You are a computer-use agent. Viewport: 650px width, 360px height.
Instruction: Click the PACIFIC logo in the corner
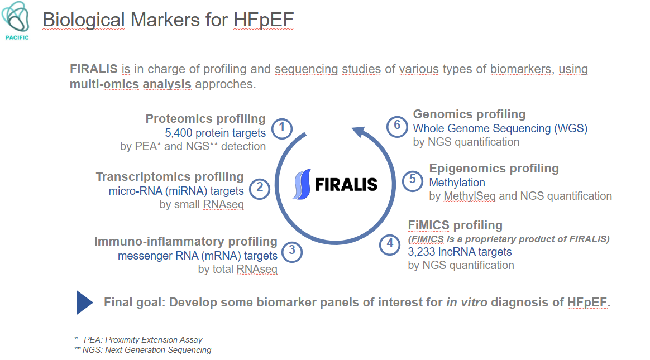tap(16, 21)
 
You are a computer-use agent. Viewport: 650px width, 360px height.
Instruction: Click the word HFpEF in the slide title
tap(264, 20)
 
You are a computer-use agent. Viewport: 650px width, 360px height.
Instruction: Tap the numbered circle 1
tap(282, 128)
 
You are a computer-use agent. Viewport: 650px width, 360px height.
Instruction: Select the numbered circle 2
tap(260, 189)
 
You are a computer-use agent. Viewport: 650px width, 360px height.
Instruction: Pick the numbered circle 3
tap(292, 252)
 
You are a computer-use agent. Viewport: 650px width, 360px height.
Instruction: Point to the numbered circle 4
tap(390, 244)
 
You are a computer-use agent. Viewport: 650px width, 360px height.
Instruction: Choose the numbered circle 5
tap(413, 181)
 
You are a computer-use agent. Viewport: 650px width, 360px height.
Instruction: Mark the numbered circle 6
tap(396, 126)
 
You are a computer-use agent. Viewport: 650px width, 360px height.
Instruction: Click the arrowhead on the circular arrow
tap(359, 133)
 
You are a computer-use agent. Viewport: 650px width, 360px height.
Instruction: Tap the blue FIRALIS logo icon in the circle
tap(302, 184)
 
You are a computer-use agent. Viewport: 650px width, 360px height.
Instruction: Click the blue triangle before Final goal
tap(84, 303)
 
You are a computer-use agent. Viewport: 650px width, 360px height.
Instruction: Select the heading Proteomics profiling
tap(205, 119)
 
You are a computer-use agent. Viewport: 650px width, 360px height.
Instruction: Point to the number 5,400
tap(179, 133)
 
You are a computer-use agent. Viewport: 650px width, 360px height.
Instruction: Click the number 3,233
tap(422, 252)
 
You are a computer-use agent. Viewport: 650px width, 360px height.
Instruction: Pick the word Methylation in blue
tap(457, 183)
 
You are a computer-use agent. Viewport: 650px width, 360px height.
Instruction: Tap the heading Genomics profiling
tap(469, 114)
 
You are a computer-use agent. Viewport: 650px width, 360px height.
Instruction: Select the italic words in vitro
tap(467, 303)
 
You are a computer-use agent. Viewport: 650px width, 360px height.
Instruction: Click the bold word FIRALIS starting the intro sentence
tap(94, 69)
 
